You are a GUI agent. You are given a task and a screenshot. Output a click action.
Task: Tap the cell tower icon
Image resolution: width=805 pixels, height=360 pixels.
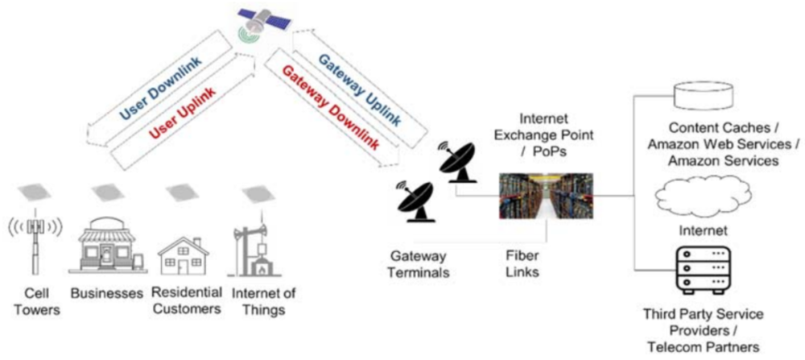click(x=34, y=238)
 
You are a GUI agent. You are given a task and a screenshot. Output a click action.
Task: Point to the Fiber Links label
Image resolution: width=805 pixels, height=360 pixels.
click(x=517, y=264)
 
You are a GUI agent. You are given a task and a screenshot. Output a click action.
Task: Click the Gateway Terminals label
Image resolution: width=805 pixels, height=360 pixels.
click(x=418, y=264)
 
